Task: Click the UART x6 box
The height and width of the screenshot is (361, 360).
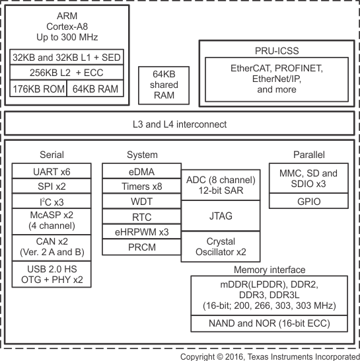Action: tap(52, 171)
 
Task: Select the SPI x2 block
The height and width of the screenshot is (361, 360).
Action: tap(52, 186)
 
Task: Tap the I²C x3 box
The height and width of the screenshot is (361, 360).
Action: tap(52, 201)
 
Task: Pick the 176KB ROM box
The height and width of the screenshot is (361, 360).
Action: tap(38, 89)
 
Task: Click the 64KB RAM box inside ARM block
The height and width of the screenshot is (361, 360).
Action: tap(95, 89)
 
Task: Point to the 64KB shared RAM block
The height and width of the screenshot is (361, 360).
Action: tap(164, 85)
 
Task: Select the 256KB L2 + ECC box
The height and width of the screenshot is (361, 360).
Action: tap(67, 73)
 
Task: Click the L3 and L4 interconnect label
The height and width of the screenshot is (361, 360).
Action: tap(180, 124)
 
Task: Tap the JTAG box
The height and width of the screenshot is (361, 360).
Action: tap(221, 216)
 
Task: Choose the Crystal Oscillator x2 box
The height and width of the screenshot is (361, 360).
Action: tap(221, 247)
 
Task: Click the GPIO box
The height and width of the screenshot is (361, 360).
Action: tap(308, 201)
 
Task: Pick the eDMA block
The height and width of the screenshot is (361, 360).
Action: tap(142, 171)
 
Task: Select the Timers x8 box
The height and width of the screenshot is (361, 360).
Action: tap(142, 186)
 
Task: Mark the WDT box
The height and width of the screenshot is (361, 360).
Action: tap(142, 201)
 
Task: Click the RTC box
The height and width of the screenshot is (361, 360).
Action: tap(142, 216)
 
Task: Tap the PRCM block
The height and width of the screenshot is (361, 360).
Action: tap(142, 247)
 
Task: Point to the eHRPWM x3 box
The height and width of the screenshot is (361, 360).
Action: tap(142, 231)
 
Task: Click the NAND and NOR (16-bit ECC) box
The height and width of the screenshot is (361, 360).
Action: tap(269, 323)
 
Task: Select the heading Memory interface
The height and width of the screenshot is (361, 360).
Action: tap(270, 270)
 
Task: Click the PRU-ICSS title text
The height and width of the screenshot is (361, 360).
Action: tap(277, 51)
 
